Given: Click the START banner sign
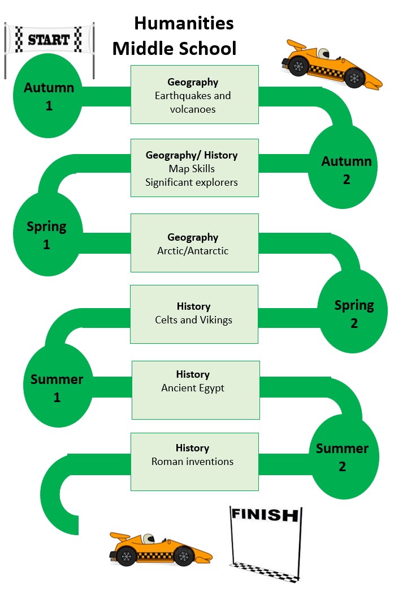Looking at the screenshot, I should pos(49,40).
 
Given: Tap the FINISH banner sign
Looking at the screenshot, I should pos(265,515).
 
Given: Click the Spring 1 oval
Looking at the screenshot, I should pos(46,235).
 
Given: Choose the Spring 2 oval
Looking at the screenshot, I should pos(354,314).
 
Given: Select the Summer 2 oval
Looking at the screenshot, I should pos(342,457).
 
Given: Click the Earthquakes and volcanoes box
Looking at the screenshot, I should pos(194,95).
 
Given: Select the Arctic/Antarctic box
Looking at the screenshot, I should pos(194,243).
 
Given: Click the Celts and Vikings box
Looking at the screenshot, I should pos(194,314).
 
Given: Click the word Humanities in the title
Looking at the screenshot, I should pos(184,24).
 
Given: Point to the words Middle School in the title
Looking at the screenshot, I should pos(174,49).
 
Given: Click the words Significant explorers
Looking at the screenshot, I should pos(191,182).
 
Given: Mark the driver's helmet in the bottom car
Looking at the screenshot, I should pos(147,539).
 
